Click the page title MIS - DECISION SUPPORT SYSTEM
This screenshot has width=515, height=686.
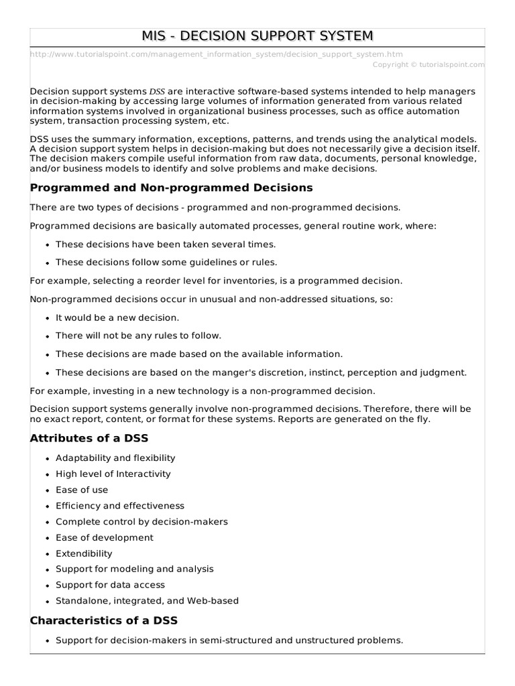click(257, 36)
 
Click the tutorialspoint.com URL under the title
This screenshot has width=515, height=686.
click(217, 54)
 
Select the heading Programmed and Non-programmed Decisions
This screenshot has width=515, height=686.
click(171, 188)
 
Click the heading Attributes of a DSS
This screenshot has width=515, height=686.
click(89, 438)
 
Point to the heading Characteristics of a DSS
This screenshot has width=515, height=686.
click(104, 620)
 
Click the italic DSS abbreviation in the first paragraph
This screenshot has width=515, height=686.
click(158, 91)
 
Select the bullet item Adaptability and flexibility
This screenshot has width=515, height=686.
click(115, 458)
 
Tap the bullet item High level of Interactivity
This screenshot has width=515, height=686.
click(113, 474)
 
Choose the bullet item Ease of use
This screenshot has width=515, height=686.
click(82, 490)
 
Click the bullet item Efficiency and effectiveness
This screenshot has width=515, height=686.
click(120, 506)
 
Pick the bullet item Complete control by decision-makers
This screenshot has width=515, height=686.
click(141, 521)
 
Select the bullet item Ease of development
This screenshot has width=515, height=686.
click(105, 537)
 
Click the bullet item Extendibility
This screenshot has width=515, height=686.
click(84, 553)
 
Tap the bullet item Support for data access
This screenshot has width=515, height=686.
click(110, 585)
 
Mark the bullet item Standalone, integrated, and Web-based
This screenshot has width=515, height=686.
click(147, 601)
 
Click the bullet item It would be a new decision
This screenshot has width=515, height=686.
click(117, 318)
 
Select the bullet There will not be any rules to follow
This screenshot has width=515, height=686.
click(138, 336)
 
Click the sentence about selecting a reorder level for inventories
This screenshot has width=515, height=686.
click(216, 281)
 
